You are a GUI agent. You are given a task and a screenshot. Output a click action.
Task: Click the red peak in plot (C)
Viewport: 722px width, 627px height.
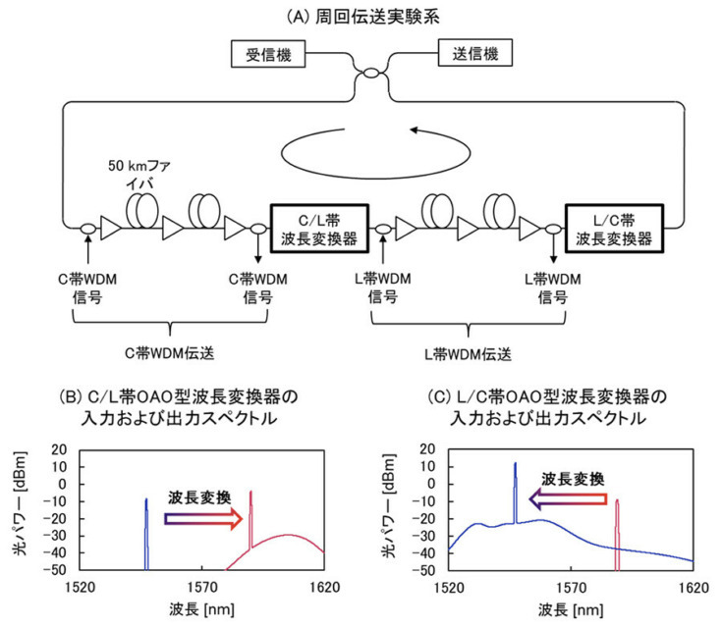[617, 535]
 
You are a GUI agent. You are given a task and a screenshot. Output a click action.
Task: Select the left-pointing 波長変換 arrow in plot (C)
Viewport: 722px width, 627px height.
[569, 499]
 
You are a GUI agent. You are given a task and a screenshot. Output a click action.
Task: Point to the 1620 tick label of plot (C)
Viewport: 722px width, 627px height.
[693, 587]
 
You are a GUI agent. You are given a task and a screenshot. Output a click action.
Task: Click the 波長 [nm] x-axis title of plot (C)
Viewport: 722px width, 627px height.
[571, 609]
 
